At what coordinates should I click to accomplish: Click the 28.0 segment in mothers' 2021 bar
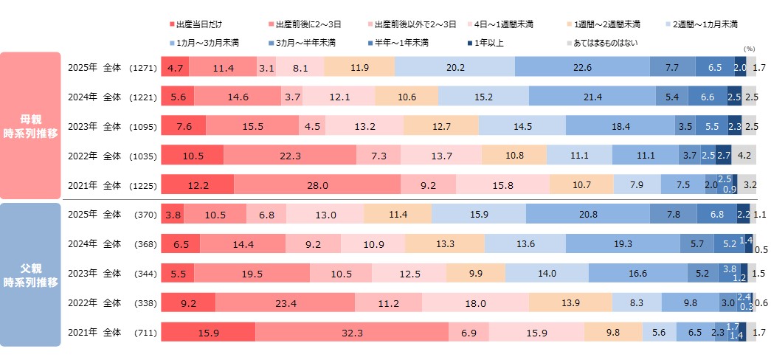[317, 185]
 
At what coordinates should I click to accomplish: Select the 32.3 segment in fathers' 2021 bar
[352, 333]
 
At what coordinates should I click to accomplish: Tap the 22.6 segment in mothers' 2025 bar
[582, 67]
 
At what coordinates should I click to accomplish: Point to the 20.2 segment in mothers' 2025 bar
[454, 67]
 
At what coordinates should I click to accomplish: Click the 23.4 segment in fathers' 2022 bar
[285, 302]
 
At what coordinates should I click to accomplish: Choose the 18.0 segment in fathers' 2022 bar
[475, 302]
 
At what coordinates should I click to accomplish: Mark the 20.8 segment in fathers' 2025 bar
[588, 215]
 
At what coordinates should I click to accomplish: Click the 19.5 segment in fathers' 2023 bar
[252, 274]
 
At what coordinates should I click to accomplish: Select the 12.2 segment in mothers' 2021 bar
[197, 185]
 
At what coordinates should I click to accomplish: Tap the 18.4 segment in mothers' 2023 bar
[620, 126]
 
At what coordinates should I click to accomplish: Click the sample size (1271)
[142, 67]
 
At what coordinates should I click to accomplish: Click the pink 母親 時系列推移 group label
[30, 124]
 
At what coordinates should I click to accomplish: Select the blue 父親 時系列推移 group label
[30, 274]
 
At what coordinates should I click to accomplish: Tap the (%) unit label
[750, 48]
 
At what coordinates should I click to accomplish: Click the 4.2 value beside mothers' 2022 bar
[746, 156]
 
